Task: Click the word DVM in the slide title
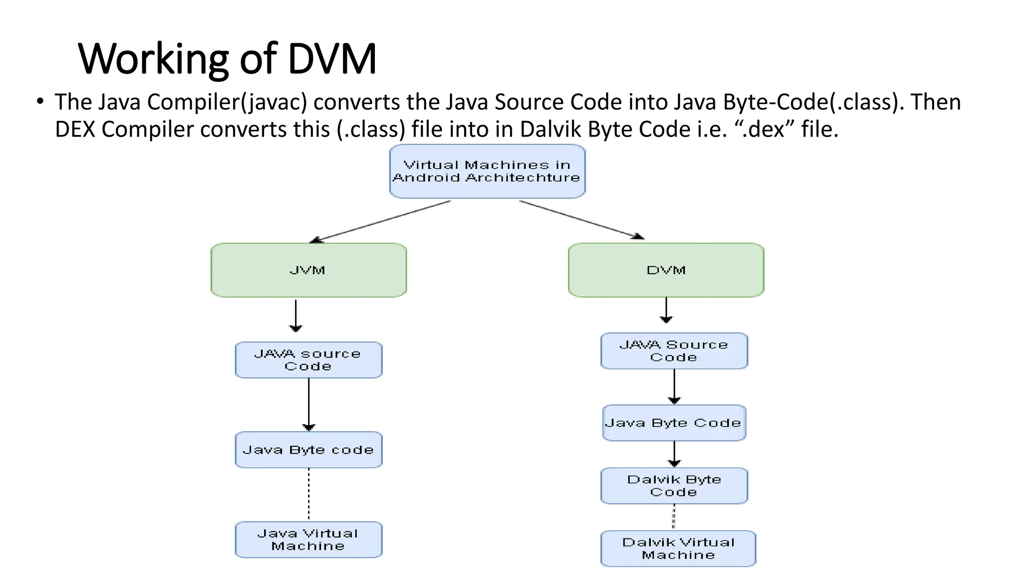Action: pos(332,59)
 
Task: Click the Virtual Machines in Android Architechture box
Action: pos(487,171)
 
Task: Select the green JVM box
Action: pos(308,270)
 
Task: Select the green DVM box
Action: pos(666,270)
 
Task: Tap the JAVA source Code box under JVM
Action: pos(308,360)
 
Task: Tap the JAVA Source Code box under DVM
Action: pos(673,351)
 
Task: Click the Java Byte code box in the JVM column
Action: pos(308,450)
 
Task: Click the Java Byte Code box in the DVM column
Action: pos(673,423)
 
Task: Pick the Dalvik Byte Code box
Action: pos(673,486)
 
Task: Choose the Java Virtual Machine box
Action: pos(308,539)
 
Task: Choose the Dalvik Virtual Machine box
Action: pos(678,548)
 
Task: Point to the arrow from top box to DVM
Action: pos(581,219)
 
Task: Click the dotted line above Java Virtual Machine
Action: pos(309,494)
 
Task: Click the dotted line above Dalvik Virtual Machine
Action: pos(673,517)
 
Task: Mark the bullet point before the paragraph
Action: pos(40,102)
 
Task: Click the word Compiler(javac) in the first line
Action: pos(227,102)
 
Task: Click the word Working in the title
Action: pos(153,59)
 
